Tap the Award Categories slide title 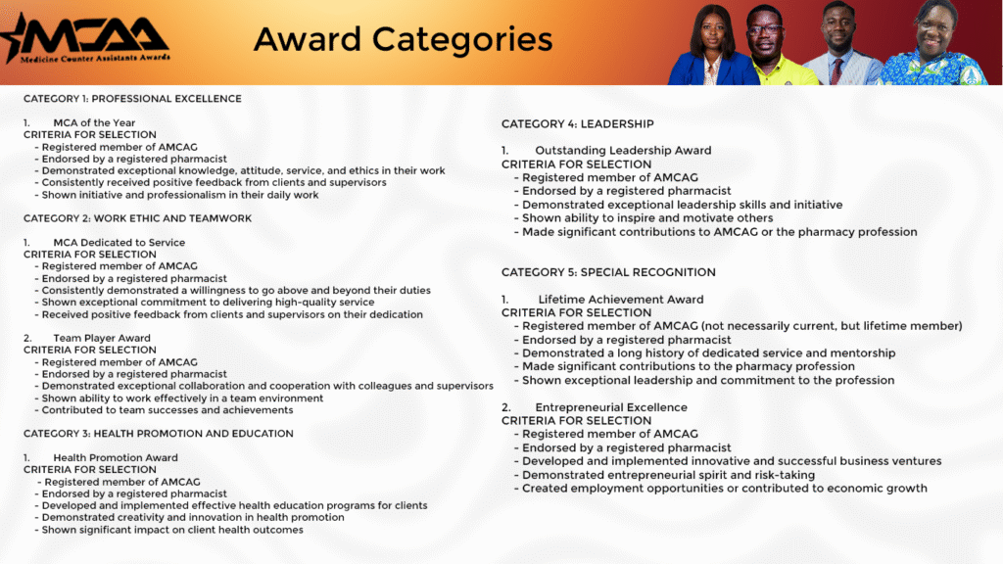coord(403,39)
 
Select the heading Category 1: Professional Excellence coord(132,99)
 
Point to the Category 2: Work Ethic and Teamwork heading coord(137,218)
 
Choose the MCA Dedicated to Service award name coord(119,243)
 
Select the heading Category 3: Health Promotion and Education coord(159,434)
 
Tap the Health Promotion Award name coord(116,457)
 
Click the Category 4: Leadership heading coord(577,124)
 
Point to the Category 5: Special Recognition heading coord(608,272)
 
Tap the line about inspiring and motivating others coord(647,218)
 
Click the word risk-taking coord(782,475)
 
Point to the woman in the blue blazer coord(713,49)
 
